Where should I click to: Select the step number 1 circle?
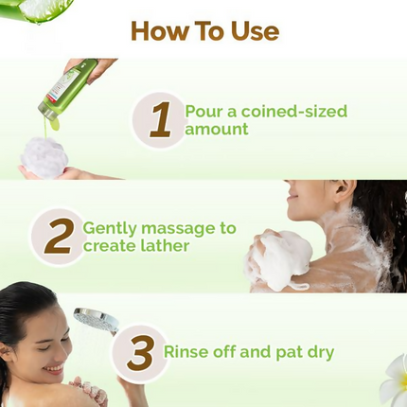tap(159, 120)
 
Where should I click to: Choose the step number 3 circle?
tap(139, 353)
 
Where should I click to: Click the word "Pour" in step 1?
tap(203, 111)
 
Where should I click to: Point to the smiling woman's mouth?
tap(54, 366)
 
